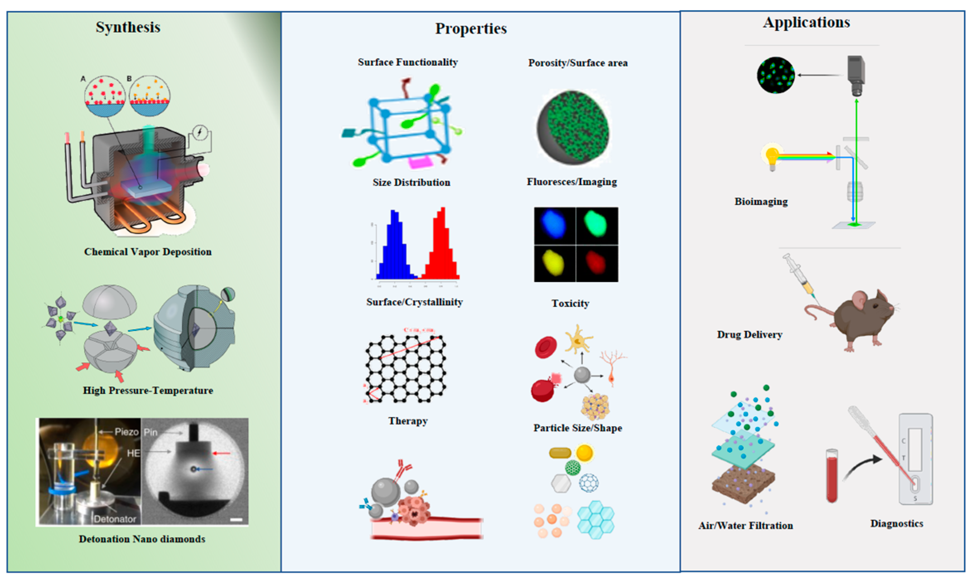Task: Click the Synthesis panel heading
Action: [128, 27]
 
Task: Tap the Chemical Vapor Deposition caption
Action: [148, 252]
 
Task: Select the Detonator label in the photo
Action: [115, 519]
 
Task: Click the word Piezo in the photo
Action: [126, 432]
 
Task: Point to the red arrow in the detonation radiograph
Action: [222, 454]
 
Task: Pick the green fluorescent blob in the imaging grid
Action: [596, 224]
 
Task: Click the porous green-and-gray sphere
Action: [574, 128]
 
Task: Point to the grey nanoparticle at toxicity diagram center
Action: [582, 375]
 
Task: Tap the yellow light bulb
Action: [772, 157]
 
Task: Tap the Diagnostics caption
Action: [897, 524]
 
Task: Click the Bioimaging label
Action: [761, 202]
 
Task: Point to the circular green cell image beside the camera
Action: [776, 75]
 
